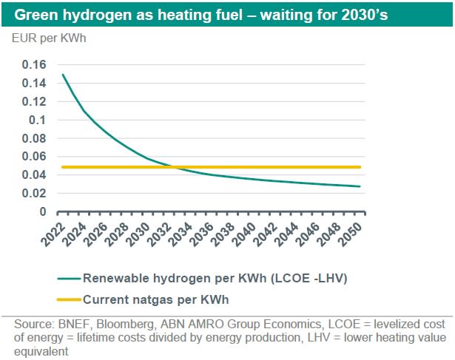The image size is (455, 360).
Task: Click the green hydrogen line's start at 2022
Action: click(63, 75)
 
